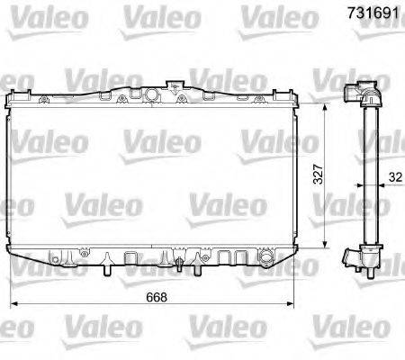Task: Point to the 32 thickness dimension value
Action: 395,177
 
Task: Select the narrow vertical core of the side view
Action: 367,175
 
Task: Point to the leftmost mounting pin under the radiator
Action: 106,269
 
